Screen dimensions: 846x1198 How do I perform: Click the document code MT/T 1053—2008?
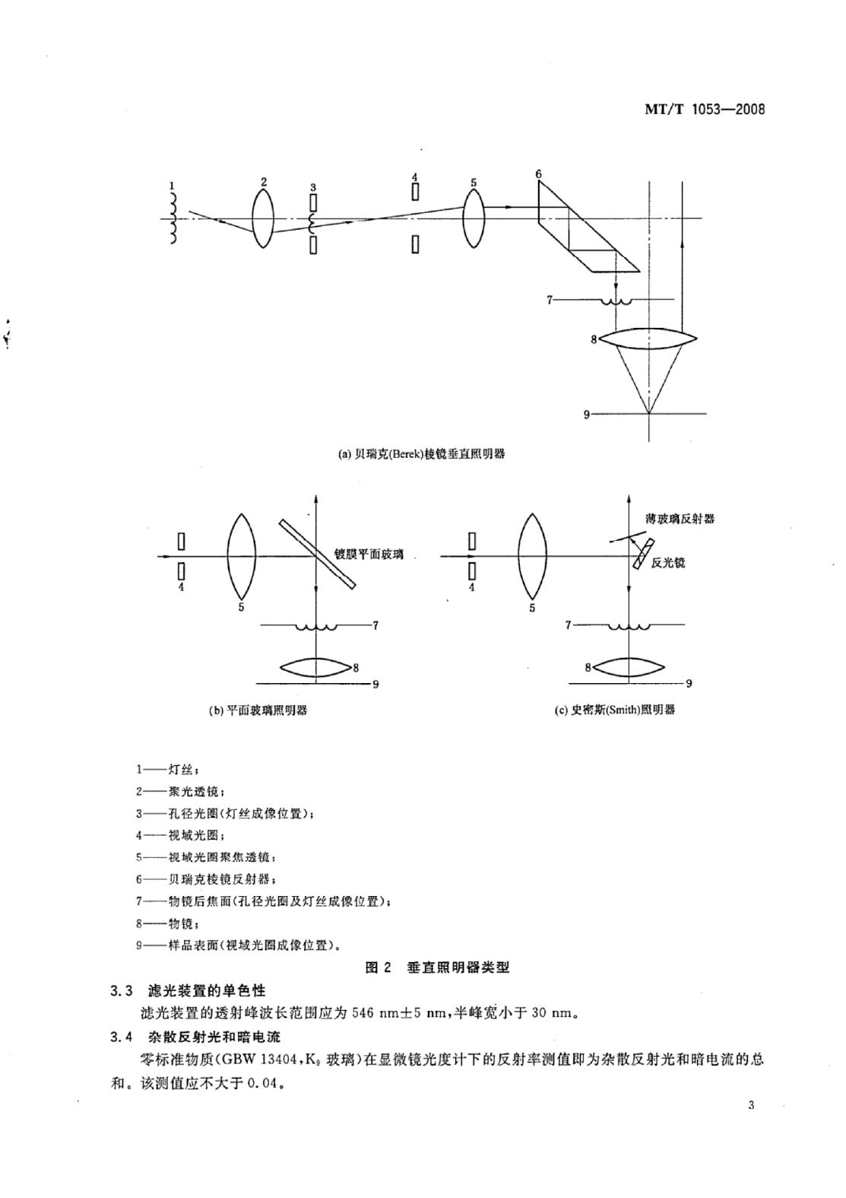pyautogui.click(x=705, y=110)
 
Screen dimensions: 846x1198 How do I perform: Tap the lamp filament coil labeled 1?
pyautogui.click(x=173, y=219)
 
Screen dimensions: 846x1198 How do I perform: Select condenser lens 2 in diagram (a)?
pyautogui.click(x=263, y=219)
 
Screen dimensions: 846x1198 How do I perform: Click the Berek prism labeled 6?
pyautogui.click(x=588, y=227)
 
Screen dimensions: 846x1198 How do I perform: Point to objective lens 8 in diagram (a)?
pyautogui.click(x=648, y=338)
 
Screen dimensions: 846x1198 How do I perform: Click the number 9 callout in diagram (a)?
pyautogui.click(x=586, y=415)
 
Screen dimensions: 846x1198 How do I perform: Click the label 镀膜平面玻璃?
pyautogui.click(x=369, y=554)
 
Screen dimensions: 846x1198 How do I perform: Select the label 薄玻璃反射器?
pyautogui.click(x=680, y=518)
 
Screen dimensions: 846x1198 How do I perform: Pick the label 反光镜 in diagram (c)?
pyautogui.click(x=668, y=563)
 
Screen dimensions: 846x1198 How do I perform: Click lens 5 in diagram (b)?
pyautogui.click(x=242, y=556)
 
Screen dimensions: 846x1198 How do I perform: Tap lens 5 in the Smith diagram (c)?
pyautogui.click(x=532, y=556)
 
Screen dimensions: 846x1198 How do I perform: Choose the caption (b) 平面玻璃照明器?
pyautogui.click(x=258, y=710)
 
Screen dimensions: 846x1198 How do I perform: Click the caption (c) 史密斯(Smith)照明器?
pyautogui.click(x=615, y=710)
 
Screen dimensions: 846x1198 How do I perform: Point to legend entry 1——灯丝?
pyautogui.click(x=168, y=770)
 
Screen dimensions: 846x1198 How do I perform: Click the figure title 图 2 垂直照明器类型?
pyautogui.click(x=437, y=968)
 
